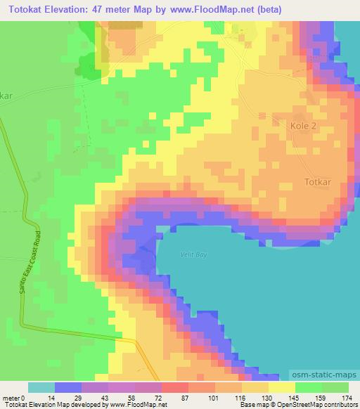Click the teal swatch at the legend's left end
coord(41,387)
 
